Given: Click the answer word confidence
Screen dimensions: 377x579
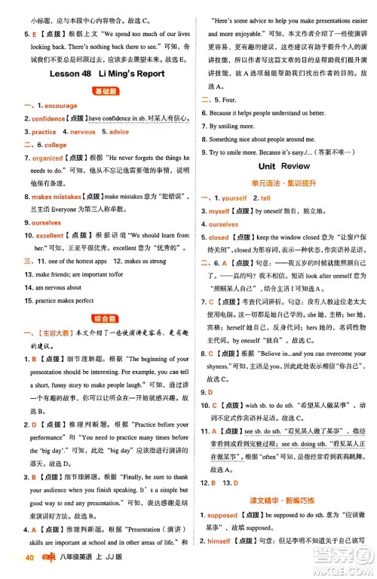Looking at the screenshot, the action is [x=48, y=119].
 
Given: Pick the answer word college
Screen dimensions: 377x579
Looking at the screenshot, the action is [x=55, y=145].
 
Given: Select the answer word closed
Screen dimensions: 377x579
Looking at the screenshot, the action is [x=219, y=237].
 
